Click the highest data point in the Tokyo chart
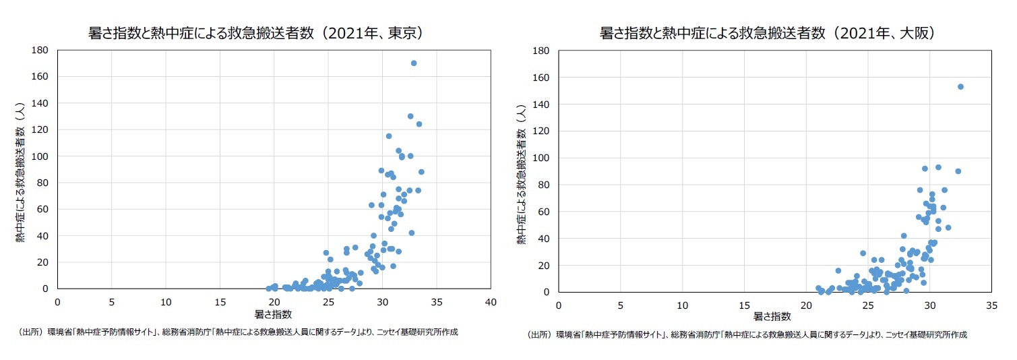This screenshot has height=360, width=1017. point(414,63)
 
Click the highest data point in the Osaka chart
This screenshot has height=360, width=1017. point(960,86)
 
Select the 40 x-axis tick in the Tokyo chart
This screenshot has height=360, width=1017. point(491,301)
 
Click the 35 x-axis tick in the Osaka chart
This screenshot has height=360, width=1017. point(991,305)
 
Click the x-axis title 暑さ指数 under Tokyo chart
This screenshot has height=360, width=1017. point(273,314)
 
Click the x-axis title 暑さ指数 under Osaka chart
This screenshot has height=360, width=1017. point(772,316)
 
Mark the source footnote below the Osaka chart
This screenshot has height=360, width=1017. point(747,334)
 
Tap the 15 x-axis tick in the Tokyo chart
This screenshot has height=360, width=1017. point(220,301)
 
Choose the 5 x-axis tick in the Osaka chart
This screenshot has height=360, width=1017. point(620,305)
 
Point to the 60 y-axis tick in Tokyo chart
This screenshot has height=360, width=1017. point(42,209)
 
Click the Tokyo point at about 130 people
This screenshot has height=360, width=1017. point(410,116)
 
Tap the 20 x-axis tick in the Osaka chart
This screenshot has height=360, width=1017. point(805,305)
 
